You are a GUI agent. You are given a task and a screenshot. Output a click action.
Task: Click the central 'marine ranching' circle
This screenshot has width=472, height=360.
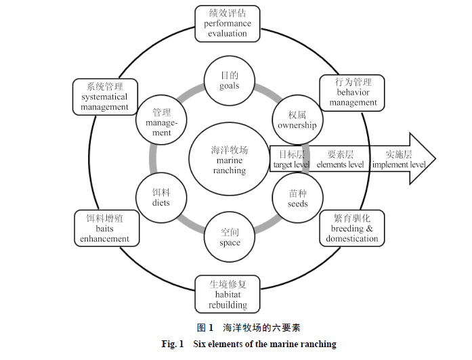pos(229,160)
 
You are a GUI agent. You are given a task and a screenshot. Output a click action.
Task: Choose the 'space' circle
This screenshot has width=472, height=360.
pos(230,237)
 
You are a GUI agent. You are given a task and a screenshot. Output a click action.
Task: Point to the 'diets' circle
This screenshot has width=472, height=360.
pos(161,198)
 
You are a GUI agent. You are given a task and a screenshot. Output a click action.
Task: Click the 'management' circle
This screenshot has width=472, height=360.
pos(161,122)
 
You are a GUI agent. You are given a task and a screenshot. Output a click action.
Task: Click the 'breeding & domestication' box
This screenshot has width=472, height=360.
pos(351,228)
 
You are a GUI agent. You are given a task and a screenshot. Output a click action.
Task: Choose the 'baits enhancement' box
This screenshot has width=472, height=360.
pos(104,228)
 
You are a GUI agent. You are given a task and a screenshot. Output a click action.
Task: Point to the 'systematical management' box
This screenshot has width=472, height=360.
pos(104,96)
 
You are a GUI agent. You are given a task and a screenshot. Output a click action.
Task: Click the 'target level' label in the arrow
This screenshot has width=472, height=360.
pos(291,160)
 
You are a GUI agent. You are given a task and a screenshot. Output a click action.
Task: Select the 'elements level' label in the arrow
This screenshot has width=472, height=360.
pos(340,160)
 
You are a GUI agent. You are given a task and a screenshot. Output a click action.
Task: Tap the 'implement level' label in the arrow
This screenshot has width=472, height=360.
pos(399,160)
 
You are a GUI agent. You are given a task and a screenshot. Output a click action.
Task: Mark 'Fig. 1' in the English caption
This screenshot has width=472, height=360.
pos(173,344)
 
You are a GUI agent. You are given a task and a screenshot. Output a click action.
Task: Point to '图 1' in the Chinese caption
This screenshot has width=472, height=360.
pos(205,328)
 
